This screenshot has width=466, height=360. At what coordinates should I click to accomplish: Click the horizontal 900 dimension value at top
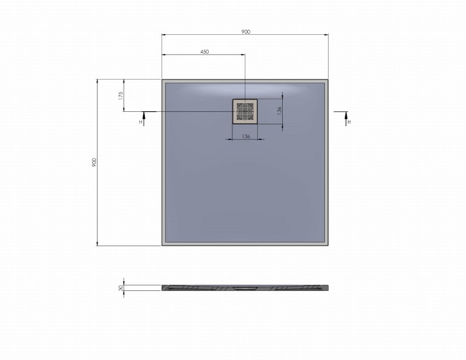coord(245,32)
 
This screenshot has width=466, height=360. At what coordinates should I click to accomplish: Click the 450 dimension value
coord(204,52)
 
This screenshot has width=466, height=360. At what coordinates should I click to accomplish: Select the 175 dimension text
coord(121,96)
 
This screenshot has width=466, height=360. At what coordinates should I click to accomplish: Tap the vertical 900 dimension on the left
coord(94,162)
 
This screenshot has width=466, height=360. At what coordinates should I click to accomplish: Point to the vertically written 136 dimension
coord(279,111)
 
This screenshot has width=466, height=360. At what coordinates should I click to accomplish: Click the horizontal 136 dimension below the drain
coord(245,136)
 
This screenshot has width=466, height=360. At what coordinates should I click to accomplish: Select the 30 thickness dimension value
coord(121,288)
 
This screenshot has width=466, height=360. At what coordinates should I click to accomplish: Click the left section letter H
coord(140,122)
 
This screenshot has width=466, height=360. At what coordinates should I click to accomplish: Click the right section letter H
coord(349,122)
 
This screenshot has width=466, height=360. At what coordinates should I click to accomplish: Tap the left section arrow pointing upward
coord(144,119)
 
